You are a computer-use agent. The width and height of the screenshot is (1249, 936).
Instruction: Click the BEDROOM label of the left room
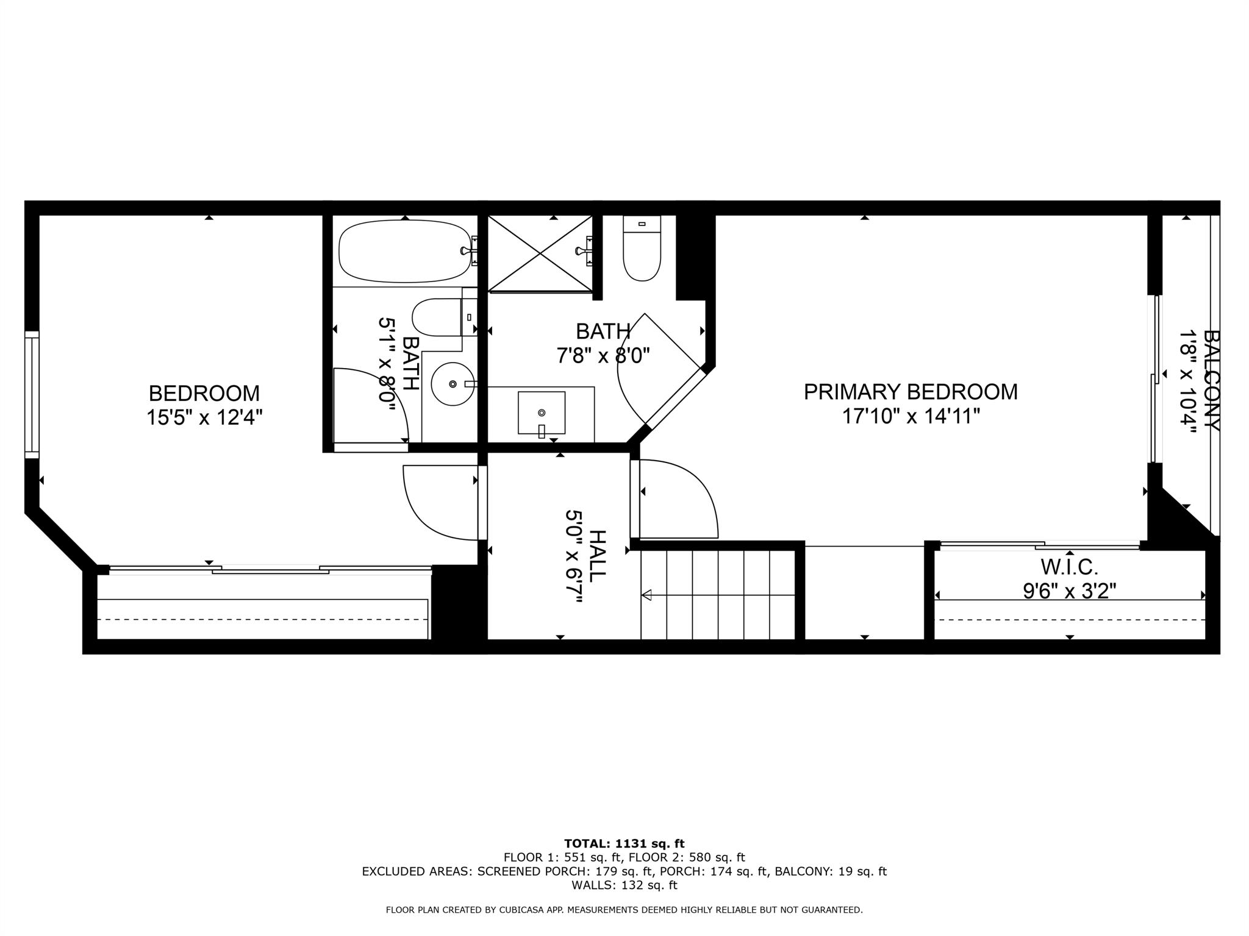click(x=204, y=393)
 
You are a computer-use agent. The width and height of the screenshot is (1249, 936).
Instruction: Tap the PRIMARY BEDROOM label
click(x=911, y=392)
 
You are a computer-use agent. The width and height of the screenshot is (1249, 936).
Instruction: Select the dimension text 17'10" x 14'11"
click(x=911, y=417)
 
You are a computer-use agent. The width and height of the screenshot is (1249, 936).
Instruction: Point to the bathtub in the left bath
click(x=405, y=251)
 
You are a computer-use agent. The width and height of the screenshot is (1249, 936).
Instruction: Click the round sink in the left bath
click(x=453, y=383)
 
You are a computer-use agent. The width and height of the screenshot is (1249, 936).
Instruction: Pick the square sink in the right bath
click(x=541, y=413)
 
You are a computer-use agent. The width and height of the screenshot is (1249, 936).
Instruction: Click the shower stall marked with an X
click(x=540, y=253)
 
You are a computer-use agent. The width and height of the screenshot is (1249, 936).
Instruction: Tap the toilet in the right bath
click(x=642, y=248)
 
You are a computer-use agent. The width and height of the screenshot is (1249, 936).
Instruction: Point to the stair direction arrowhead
click(x=646, y=595)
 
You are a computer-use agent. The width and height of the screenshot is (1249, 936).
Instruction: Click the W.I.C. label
click(x=1069, y=567)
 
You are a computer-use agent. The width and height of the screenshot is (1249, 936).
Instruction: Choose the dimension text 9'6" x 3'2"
click(x=1069, y=590)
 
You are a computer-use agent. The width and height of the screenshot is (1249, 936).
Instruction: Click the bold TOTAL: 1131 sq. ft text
click(x=624, y=843)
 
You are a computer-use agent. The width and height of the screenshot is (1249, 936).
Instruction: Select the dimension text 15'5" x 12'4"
click(x=204, y=418)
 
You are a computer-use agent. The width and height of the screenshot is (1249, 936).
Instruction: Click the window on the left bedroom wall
click(x=31, y=395)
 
